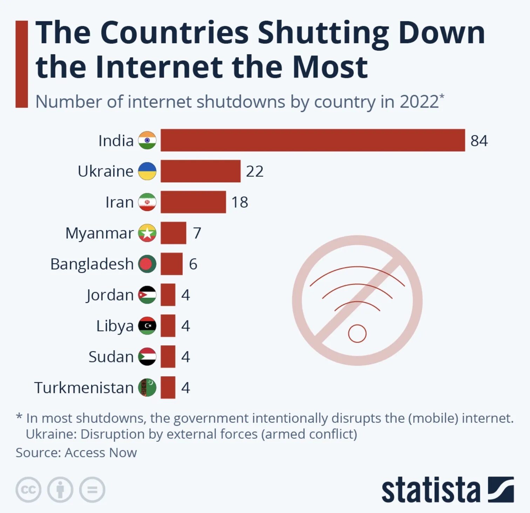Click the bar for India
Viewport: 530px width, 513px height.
[313, 140]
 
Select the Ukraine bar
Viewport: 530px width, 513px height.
[201, 171]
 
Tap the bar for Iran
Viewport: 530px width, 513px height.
[193, 202]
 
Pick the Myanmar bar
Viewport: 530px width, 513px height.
[174, 233]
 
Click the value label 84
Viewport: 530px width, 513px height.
[479, 141]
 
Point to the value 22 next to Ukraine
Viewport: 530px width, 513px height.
[254, 171]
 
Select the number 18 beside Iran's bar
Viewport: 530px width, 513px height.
[240, 202]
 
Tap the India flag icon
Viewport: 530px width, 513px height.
[147, 140]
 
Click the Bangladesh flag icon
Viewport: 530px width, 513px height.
[147, 264]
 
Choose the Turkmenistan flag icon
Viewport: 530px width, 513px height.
[147, 387]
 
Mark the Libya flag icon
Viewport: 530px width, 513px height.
[147, 326]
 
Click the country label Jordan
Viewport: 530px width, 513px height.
[110, 295]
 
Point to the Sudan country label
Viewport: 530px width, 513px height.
[111, 357]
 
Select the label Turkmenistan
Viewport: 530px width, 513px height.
[84, 387]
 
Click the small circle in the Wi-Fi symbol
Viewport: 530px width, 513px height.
[357, 333]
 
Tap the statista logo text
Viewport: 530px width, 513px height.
[430, 490]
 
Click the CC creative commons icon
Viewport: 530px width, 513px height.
[28, 490]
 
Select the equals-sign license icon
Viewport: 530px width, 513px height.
[92, 490]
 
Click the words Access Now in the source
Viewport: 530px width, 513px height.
[101, 453]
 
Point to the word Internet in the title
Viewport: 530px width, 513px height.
[159, 67]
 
